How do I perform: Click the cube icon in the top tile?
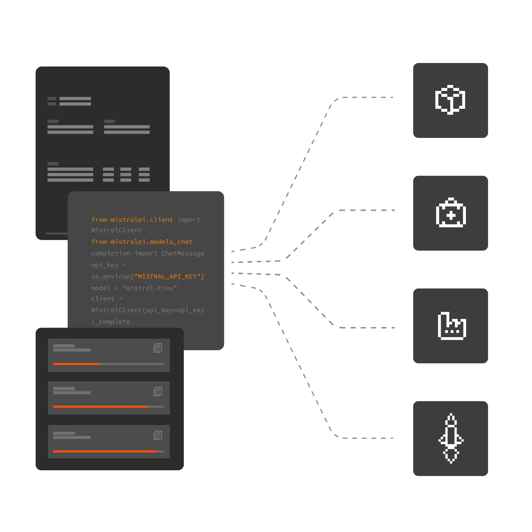pos(450,100)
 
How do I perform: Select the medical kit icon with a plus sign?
pos(451,212)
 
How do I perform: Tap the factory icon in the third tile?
pos(452,326)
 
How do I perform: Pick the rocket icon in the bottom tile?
pos(451,438)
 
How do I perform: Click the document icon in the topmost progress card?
pos(158,348)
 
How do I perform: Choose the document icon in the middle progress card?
pos(158,392)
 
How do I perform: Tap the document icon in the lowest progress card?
pos(158,435)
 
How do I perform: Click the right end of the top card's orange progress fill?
pos(101,364)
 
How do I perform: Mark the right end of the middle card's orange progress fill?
pos(148,407)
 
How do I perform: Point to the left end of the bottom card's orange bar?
pos(53,451)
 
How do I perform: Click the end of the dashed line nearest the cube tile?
pos(393,97)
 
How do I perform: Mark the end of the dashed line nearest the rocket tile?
pos(393,438)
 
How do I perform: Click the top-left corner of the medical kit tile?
pos(413,176)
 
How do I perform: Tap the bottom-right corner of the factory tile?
pos(488,363)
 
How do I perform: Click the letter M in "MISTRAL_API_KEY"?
pos(140,277)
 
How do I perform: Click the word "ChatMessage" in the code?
pos(183,253)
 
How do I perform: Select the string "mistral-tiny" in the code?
pos(150,288)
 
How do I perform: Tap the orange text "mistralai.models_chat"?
pos(151,242)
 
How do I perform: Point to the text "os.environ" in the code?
pos(110,277)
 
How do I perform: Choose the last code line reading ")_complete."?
pos(112,322)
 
